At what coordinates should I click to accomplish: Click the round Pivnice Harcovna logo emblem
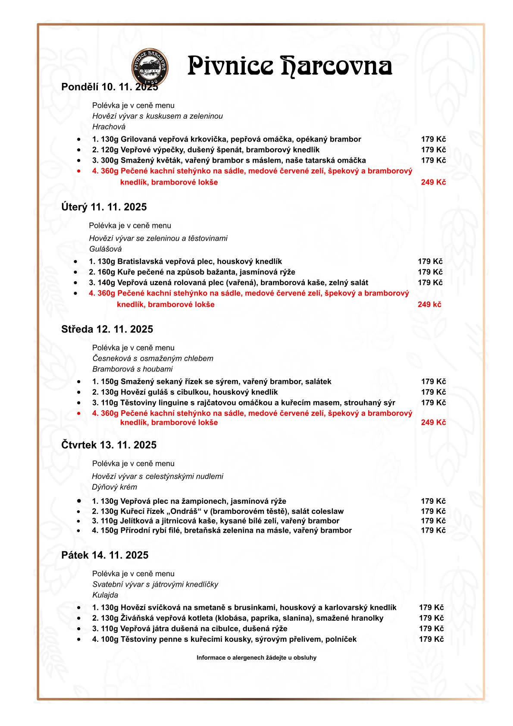point(150,67)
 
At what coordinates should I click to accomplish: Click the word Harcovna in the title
point(336,66)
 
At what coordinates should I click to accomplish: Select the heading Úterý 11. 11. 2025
point(104,207)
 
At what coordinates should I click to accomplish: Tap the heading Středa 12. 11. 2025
point(107,329)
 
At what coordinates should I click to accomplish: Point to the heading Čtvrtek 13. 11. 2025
point(109,445)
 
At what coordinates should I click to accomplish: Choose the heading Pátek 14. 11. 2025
point(105,555)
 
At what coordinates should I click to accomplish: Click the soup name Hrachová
point(109,127)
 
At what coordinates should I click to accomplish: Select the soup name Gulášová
point(105,249)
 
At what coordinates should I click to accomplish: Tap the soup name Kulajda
point(105,595)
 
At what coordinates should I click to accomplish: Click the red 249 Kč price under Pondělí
point(433,182)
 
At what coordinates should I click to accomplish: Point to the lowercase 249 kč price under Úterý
point(429,305)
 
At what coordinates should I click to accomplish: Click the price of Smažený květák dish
point(433,160)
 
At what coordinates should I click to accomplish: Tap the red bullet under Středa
point(78,413)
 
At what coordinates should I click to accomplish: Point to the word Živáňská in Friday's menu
point(136,618)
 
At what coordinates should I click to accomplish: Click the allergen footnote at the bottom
point(256,658)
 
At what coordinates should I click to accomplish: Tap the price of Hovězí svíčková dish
point(431,607)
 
